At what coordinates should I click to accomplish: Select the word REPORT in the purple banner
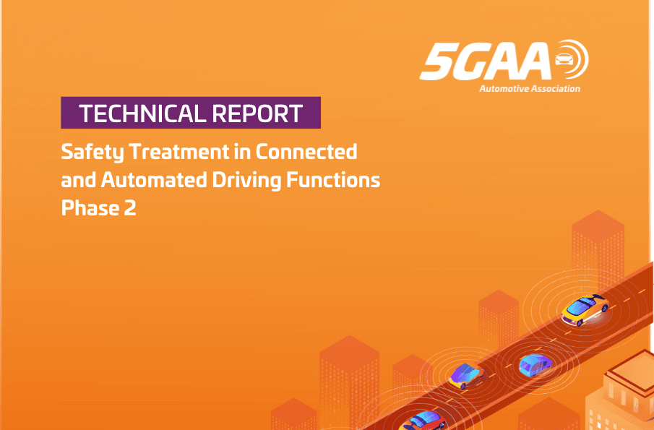[257, 113]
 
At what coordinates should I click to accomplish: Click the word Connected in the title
[306, 151]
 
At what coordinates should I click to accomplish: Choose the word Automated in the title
[154, 180]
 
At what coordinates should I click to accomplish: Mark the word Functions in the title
[333, 180]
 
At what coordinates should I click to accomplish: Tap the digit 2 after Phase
[130, 208]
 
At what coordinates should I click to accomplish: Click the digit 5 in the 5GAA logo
[436, 61]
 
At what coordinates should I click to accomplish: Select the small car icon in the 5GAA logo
[564, 60]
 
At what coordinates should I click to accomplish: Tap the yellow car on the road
[585, 309]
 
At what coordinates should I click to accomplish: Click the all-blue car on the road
[535, 365]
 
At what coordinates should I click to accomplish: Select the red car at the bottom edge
[422, 421]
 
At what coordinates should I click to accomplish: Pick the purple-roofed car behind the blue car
[466, 375]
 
